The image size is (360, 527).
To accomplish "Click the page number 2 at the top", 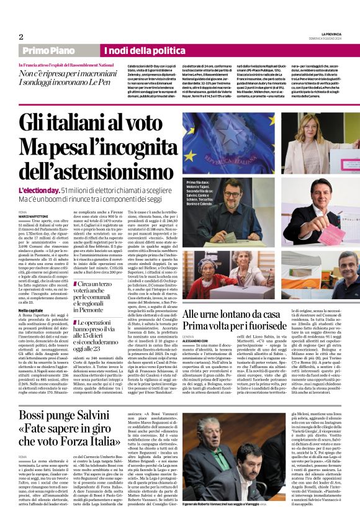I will point(20,36).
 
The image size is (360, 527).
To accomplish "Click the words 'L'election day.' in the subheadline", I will point(38,189).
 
